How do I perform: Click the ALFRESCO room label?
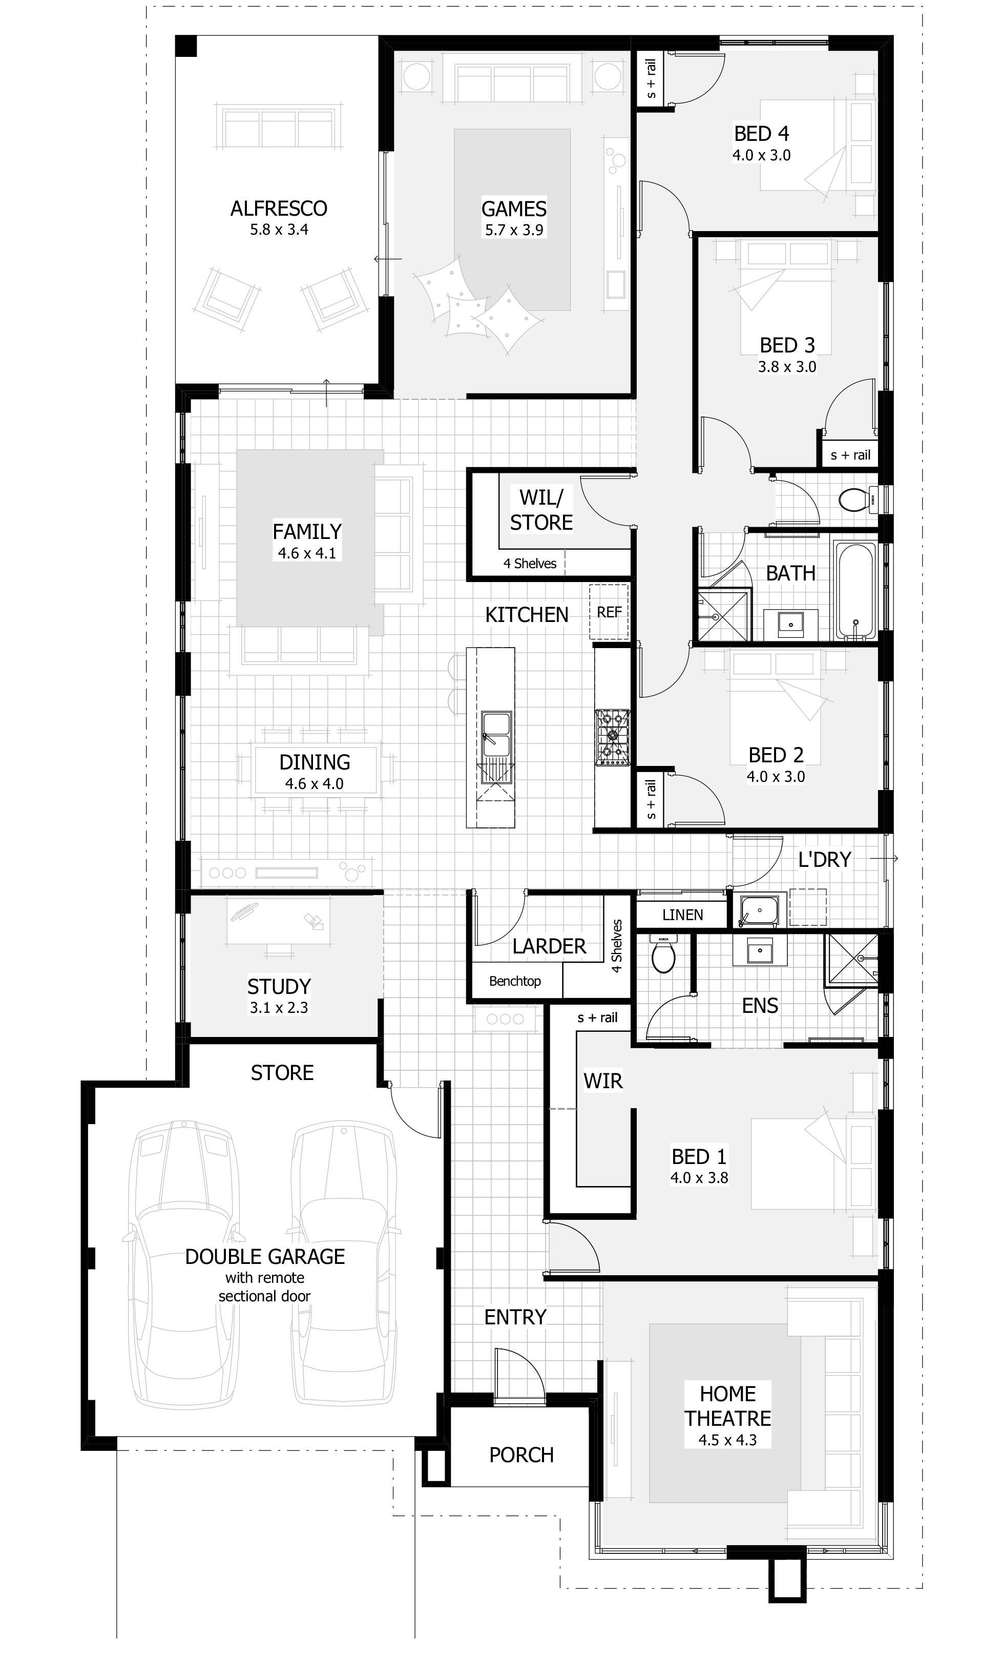click(x=279, y=209)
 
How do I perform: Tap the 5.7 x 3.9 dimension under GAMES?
click(x=514, y=230)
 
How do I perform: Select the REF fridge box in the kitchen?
click(x=609, y=612)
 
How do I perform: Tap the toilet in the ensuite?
click(x=663, y=957)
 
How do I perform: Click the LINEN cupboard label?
click(x=682, y=915)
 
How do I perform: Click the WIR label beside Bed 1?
click(x=603, y=1081)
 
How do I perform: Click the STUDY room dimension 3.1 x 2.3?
click(x=279, y=1008)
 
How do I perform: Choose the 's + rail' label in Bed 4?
click(x=651, y=79)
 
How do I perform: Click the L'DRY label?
click(x=824, y=859)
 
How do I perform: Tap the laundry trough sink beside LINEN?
click(x=759, y=910)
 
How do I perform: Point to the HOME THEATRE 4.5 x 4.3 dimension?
click(x=727, y=1440)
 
